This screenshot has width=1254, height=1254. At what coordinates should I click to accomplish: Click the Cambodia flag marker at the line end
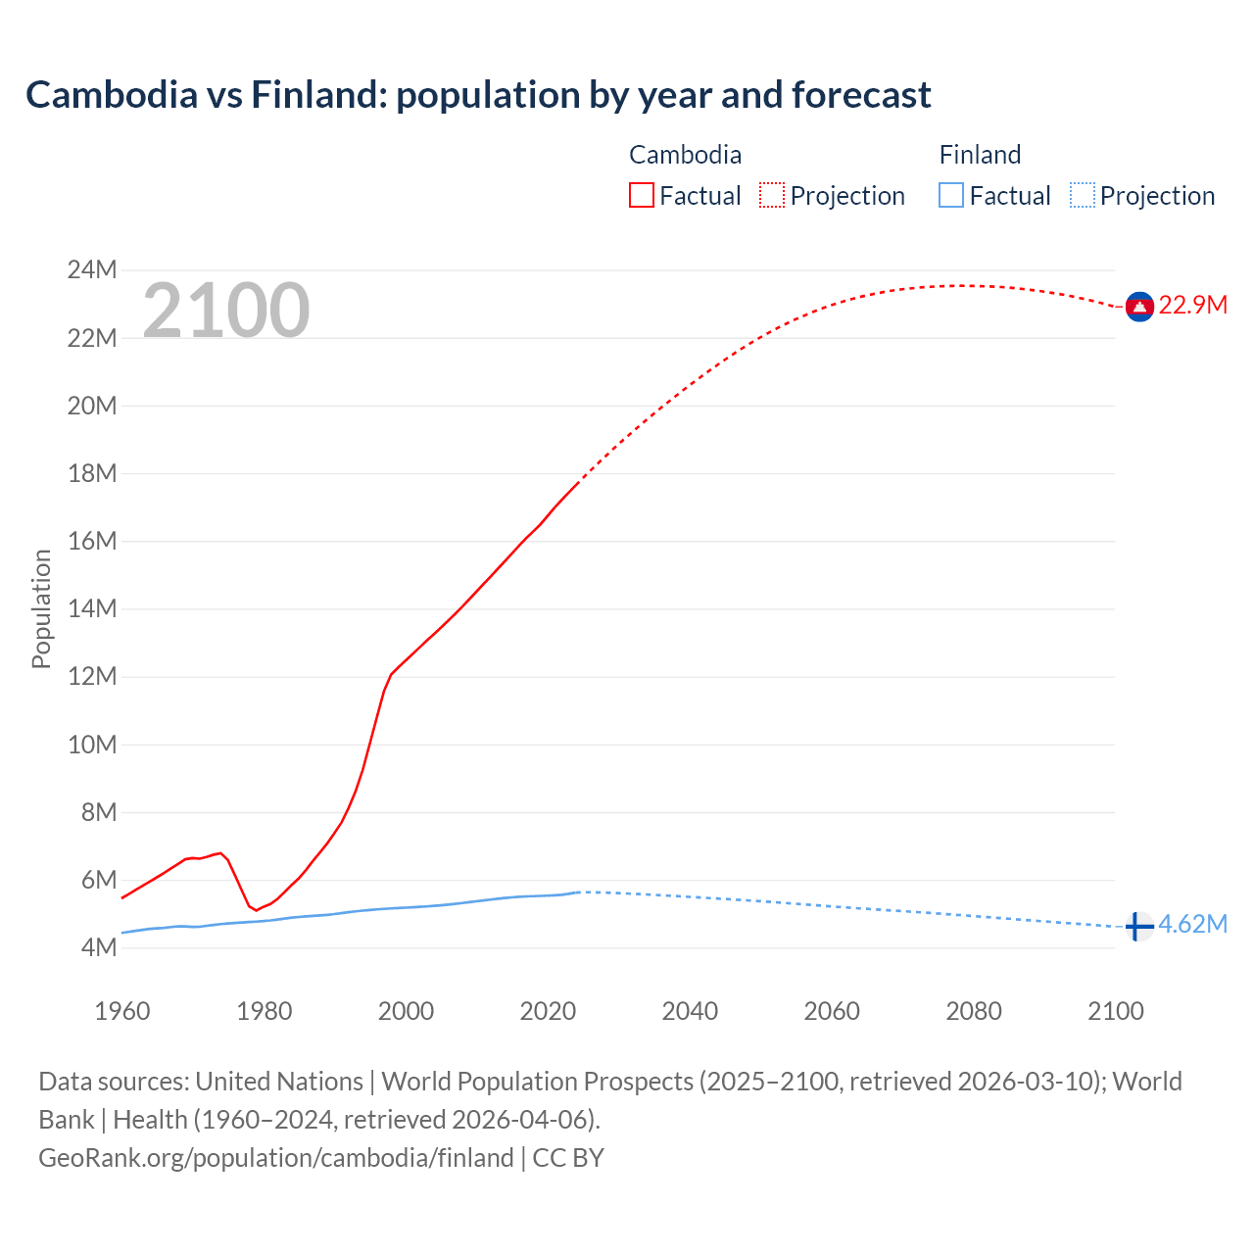click(x=1138, y=307)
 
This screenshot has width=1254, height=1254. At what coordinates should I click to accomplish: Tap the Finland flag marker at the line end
click(x=1138, y=926)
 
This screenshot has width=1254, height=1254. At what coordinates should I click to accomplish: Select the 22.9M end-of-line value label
click(x=1192, y=306)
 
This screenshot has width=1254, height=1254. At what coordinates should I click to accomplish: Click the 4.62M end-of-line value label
click(x=1192, y=925)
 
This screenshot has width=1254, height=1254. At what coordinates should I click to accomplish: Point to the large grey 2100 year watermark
click(x=226, y=311)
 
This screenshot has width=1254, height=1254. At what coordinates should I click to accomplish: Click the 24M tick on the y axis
click(x=92, y=270)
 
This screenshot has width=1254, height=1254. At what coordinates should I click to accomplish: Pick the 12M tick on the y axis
click(x=92, y=677)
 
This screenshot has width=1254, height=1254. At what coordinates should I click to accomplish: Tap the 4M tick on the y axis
click(x=98, y=948)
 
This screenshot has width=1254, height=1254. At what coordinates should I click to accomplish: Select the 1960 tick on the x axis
click(x=122, y=1011)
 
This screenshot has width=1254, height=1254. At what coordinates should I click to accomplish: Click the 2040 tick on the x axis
click(x=690, y=1011)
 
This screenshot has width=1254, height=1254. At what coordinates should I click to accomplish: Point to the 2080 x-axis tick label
click(x=974, y=1011)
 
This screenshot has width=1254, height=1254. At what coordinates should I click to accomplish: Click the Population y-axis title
click(x=41, y=608)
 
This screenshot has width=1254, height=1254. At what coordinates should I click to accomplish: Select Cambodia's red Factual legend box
click(x=642, y=195)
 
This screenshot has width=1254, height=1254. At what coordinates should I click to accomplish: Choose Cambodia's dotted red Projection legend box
click(x=772, y=195)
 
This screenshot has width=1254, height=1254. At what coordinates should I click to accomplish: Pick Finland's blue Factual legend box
click(x=951, y=195)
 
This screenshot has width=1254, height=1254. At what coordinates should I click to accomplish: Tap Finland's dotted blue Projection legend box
click(x=1082, y=195)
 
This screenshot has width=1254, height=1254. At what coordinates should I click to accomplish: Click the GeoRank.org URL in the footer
click(x=276, y=1158)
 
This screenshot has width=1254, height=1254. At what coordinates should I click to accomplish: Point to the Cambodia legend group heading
click(x=685, y=155)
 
